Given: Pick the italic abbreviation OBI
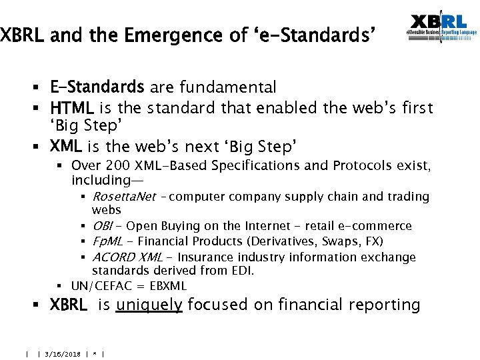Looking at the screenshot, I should [x=102, y=227].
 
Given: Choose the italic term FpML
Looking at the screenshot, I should [x=107, y=241].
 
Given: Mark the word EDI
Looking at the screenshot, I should [x=241, y=271].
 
